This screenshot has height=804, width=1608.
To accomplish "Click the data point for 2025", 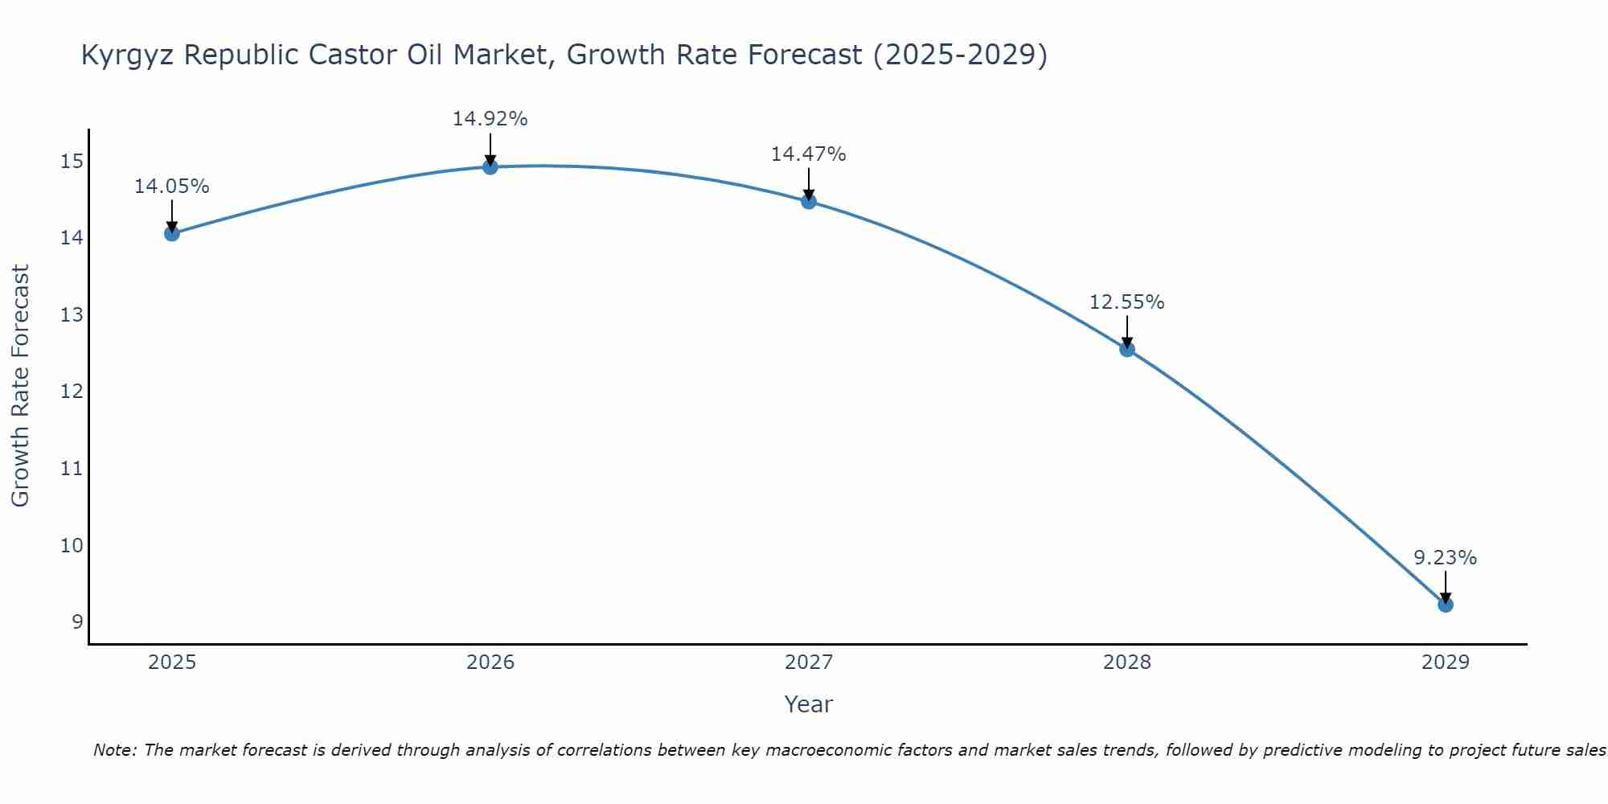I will point(172,234).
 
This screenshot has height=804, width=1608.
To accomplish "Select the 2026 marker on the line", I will point(490,167).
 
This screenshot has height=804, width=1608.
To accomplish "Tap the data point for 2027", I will point(809,201).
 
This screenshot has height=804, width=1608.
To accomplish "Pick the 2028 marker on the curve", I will point(1127,349).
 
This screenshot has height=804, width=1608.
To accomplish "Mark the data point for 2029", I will point(1446,605).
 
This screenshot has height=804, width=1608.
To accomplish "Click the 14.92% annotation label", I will point(490,119).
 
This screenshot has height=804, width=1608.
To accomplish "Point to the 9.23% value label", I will point(1446,558).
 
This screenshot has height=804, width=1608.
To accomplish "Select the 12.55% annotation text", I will point(1127,302).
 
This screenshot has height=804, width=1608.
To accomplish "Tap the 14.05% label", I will point(172,187).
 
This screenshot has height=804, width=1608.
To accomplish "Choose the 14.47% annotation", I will point(809,154).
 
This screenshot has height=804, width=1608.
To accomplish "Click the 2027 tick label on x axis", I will point(809,662).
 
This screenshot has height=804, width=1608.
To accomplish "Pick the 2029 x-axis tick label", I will point(1446,662).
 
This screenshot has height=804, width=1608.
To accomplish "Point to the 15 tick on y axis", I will point(72,162).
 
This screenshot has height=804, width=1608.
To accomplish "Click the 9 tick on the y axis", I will point(77,622).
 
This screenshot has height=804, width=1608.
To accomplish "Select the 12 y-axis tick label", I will point(72,392).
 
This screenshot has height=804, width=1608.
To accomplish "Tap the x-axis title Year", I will point(809,704).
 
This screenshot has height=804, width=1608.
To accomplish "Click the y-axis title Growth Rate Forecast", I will point(21,386).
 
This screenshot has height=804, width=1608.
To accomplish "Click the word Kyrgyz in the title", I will point(128,55).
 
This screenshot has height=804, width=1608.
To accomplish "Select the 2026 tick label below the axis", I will point(490,662).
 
